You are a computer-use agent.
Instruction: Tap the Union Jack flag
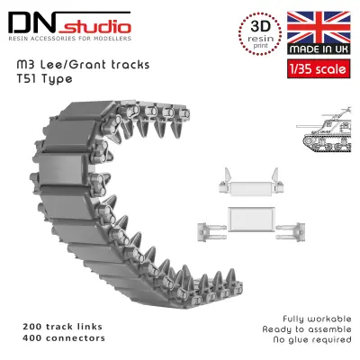319,27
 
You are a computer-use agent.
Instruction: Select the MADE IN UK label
319,49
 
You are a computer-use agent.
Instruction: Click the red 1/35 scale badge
319,69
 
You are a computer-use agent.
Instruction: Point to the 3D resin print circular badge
260,33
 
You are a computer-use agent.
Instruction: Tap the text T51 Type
44,79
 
